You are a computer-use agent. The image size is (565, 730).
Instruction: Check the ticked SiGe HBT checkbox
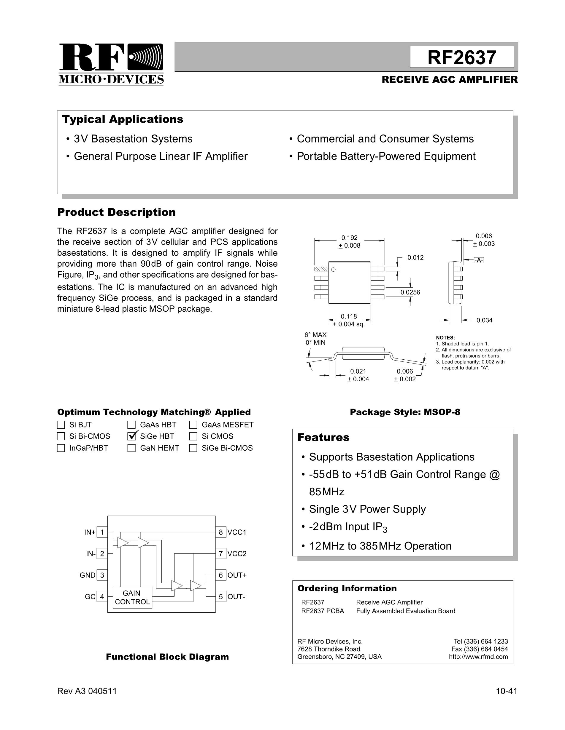(x=131, y=436)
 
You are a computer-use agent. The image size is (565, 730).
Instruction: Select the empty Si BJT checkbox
(x=61, y=425)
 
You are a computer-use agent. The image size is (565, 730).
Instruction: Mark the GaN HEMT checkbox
(x=131, y=448)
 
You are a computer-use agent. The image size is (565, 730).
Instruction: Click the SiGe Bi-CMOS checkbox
(x=193, y=448)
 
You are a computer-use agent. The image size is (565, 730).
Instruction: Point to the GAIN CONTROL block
(x=132, y=597)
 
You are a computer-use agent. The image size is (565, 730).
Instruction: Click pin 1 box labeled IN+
(x=102, y=532)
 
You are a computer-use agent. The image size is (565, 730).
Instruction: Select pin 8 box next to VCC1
(x=220, y=532)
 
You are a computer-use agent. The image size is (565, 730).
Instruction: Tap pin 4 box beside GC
(x=102, y=597)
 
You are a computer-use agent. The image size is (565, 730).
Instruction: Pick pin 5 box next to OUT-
(x=220, y=597)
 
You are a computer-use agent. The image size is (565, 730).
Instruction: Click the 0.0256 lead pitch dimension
(x=410, y=292)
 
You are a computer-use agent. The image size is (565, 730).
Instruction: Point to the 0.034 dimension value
(x=484, y=320)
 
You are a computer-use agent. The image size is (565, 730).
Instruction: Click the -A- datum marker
(x=479, y=260)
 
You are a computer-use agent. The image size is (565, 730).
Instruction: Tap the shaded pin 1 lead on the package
(x=321, y=269)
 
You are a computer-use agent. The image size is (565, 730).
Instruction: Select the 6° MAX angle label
(x=315, y=334)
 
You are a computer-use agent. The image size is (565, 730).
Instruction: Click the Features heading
(x=323, y=437)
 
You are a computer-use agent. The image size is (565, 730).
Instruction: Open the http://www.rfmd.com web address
(x=478, y=657)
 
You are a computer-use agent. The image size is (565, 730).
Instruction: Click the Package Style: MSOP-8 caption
(x=405, y=412)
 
